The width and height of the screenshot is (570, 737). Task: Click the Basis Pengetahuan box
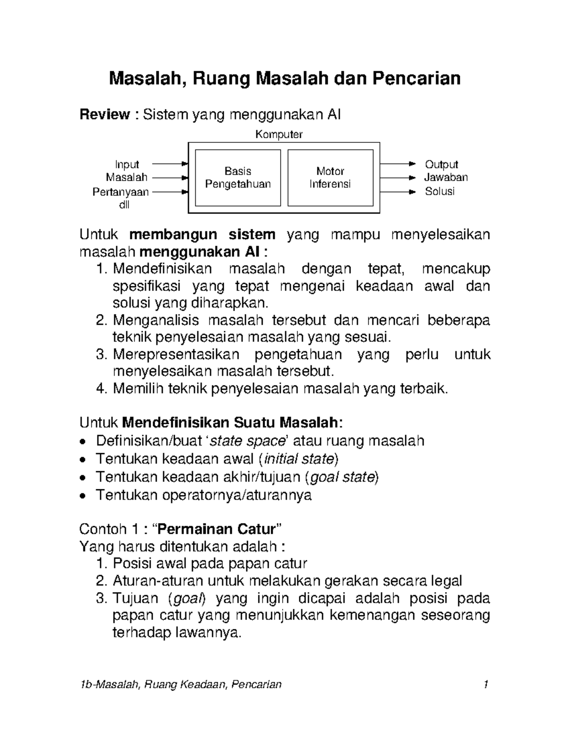point(237,177)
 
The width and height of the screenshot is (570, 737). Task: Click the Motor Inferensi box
point(330,177)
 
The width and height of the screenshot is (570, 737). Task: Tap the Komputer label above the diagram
point(279,135)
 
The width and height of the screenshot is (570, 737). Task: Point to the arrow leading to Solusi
point(397,192)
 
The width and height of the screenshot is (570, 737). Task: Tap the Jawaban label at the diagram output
point(446,177)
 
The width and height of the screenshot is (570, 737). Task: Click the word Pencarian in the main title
point(416,78)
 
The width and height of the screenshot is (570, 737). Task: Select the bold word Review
point(104,114)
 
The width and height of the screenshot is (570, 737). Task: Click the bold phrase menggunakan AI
point(201,252)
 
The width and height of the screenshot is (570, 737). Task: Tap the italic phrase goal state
point(342,477)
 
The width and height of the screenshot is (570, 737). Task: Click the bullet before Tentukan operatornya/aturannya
point(83,496)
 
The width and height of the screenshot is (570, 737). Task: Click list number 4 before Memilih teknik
point(101,389)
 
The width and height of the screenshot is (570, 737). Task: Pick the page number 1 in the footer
point(485,684)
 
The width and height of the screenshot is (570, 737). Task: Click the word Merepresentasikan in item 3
point(176,355)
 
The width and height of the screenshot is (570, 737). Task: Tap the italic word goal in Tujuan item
point(189,598)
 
